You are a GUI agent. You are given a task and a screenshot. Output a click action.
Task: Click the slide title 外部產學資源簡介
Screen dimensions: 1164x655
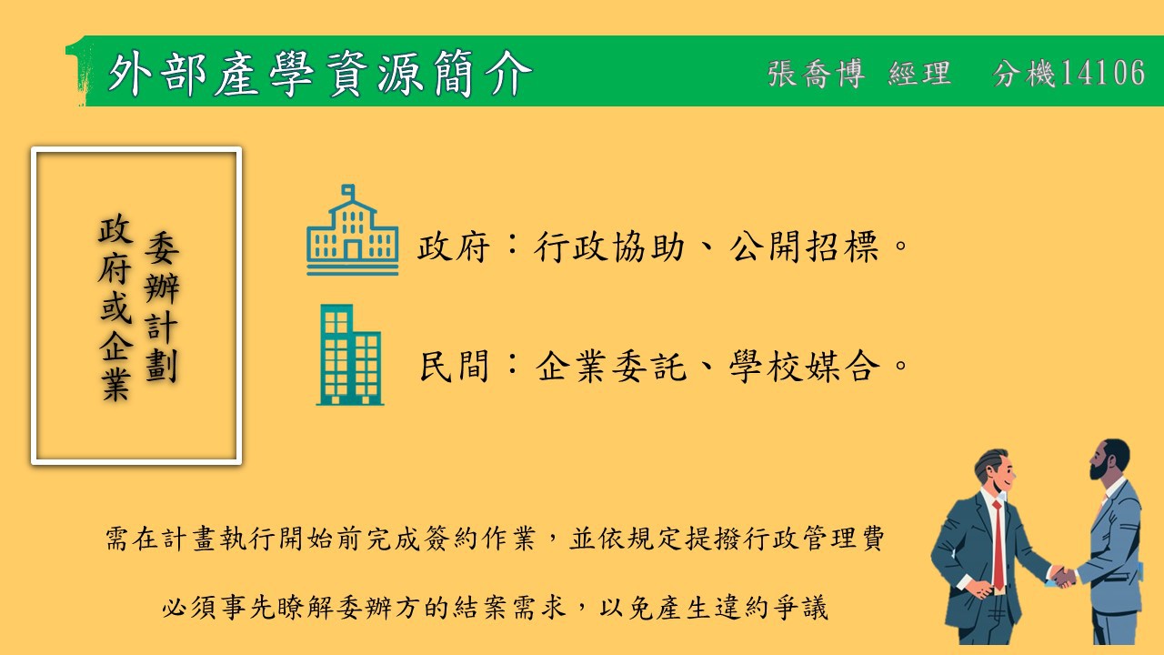320,74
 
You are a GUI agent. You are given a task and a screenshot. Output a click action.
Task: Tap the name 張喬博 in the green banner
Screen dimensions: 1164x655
817,74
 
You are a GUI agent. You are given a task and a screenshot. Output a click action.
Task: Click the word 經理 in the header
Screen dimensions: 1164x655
919,74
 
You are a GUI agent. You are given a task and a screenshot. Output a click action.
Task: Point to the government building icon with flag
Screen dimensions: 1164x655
352,230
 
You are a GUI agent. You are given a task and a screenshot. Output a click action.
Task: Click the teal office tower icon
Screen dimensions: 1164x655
350,355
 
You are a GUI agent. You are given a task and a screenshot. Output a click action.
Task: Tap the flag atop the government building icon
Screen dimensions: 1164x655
348,192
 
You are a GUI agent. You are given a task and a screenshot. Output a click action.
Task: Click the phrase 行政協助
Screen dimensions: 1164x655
609,247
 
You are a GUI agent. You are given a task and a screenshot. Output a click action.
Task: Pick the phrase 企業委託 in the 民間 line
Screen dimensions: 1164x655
611,366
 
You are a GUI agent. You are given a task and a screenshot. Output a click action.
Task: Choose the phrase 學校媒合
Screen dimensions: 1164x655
805,366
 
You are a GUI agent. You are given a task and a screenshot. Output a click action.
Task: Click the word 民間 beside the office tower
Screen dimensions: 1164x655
454,366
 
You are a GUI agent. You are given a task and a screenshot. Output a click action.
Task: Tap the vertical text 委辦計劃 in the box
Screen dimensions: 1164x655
162,307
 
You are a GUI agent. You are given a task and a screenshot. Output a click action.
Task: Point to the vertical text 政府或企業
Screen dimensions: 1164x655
115,307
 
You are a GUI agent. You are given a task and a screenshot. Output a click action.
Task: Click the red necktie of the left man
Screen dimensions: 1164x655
998,546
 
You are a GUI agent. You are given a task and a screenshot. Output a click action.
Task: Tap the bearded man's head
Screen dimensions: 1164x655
1109,459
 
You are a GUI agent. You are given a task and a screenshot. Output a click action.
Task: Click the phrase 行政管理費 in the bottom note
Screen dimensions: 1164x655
811,538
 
